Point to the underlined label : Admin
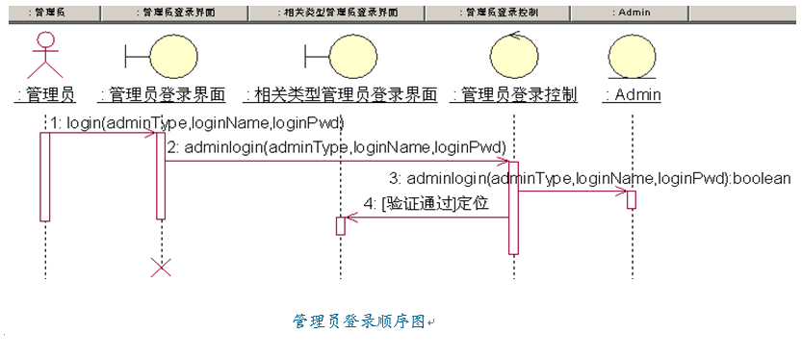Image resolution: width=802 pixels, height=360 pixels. click(632, 95)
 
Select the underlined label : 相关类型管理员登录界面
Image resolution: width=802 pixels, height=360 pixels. click(341, 95)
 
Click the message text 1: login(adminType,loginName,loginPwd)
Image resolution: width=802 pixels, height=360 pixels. click(197, 123)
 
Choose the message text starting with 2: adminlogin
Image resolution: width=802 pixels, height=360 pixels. click(337, 147)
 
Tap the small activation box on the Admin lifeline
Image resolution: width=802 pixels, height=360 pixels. click(632, 200)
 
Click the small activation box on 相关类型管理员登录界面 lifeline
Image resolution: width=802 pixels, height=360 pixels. click(340, 225)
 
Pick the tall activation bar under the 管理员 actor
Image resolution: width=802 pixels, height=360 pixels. click(44, 176)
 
